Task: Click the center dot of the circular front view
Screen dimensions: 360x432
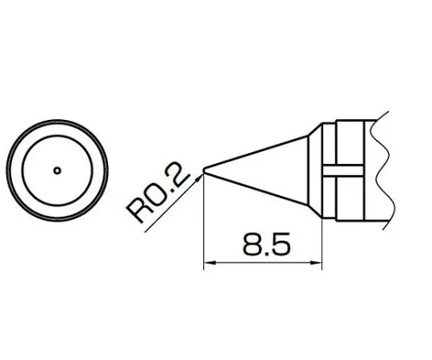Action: [x=57, y=170]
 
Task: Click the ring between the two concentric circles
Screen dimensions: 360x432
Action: [x=57, y=129]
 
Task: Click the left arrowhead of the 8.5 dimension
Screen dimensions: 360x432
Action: [x=209, y=264]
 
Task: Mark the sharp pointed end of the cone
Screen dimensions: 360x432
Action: [x=205, y=169]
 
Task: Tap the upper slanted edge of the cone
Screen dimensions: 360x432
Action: [x=259, y=148]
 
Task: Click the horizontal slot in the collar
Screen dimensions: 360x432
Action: [x=346, y=169]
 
